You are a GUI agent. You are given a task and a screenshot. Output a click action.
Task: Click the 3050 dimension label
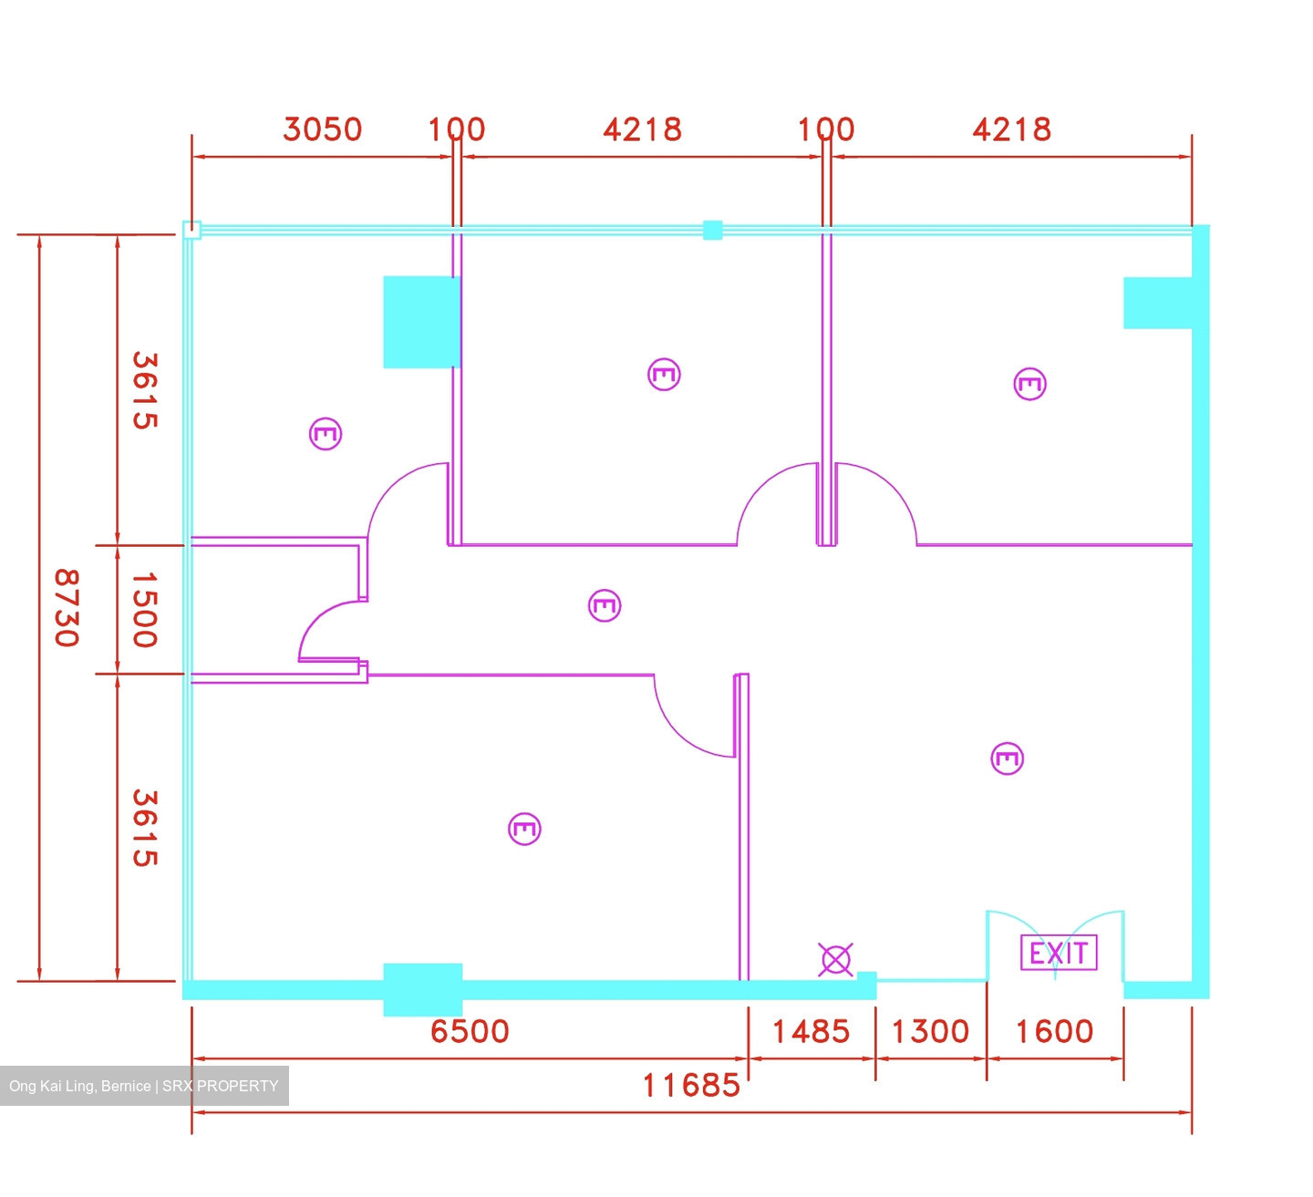(x=322, y=129)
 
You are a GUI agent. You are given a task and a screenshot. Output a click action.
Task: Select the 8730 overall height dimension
(x=67, y=608)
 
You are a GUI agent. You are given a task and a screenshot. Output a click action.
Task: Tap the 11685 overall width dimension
(x=691, y=1085)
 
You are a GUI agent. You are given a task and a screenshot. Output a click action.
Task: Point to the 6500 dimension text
(x=470, y=1031)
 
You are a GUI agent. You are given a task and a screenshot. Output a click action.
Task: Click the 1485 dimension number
(x=811, y=1031)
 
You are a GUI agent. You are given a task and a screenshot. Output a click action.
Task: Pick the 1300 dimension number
(x=930, y=1031)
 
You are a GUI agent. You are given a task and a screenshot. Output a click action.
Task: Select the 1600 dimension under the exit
(x=1054, y=1031)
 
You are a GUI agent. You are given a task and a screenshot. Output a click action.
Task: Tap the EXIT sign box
(x=1059, y=953)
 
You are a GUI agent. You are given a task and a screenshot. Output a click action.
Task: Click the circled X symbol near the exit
(x=835, y=959)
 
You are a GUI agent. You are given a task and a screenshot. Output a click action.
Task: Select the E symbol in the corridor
(x=605, y=605)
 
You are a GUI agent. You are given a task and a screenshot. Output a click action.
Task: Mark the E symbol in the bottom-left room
(x=524, y=829)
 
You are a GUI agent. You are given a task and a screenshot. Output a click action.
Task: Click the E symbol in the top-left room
(x=326, y=433)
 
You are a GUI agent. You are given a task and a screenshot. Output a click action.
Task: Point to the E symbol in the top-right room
(x=1029, y=384)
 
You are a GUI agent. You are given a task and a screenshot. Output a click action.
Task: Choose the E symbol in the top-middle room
(x=664, y=375)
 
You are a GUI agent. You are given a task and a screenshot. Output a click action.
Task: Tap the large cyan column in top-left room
(x=421, y=322)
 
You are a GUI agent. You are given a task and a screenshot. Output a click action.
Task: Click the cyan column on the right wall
(x=1157, y=303)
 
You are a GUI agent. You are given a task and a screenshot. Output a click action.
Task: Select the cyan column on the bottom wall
(x=423, y=989)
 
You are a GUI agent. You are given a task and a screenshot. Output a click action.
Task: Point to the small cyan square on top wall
(x=712, y=230)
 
